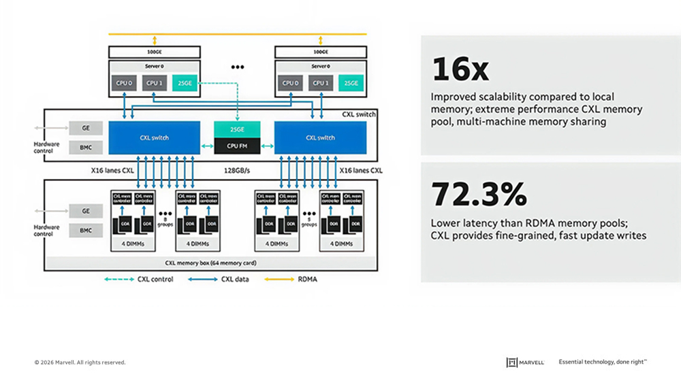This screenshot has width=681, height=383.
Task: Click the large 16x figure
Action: [x=460, y=70]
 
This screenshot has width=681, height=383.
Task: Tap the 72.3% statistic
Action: [x=479, y=195]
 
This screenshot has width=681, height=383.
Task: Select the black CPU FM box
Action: [x=237, y=145]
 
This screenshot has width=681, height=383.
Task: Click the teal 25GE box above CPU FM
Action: [x=237, y=129]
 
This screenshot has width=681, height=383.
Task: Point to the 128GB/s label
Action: [x=237, y=170]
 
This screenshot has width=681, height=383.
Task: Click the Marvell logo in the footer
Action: [x=525, y=363]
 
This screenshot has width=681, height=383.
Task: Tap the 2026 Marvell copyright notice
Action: [x=80, y=363]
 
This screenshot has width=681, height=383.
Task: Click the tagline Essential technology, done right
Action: [x=602, y=363]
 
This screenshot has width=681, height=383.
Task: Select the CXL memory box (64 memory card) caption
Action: [x=206, y=263]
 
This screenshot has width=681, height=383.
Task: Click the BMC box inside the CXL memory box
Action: [x=86, y=231]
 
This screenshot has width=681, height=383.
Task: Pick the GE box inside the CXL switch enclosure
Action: [x=86, y=128]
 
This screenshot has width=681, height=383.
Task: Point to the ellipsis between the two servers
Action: [x=238, y=67]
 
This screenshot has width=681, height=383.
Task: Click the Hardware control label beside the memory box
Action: [x=47, y=231]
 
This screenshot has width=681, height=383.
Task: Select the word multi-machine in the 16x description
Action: [x=487, y=122]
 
